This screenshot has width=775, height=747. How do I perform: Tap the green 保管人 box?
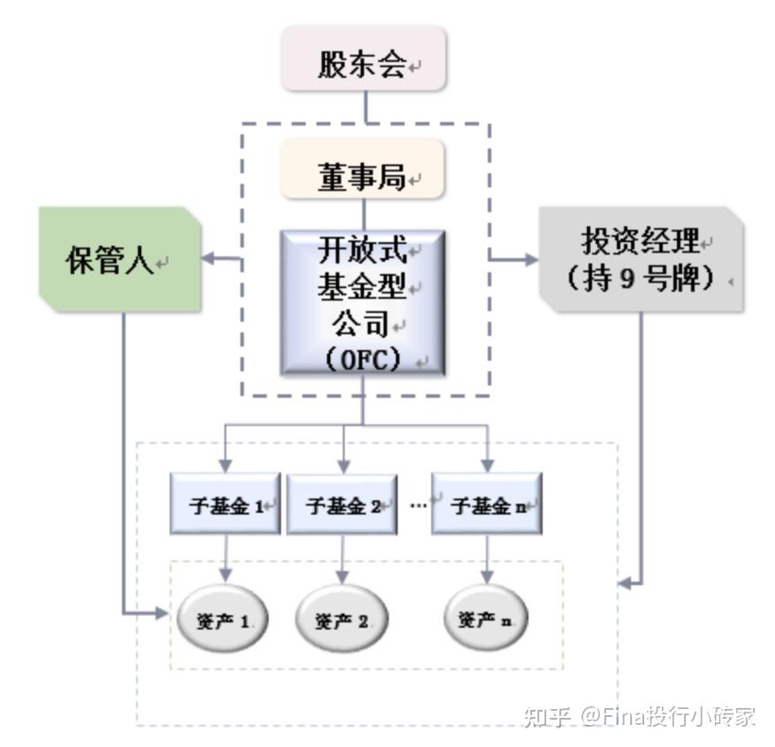point(118,261)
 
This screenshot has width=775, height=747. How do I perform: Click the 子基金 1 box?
point(224,506)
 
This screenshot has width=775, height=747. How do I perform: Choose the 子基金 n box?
point(487,506)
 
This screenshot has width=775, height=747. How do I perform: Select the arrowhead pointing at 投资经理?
point(530,259)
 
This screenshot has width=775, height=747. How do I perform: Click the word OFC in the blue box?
point(363,360)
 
